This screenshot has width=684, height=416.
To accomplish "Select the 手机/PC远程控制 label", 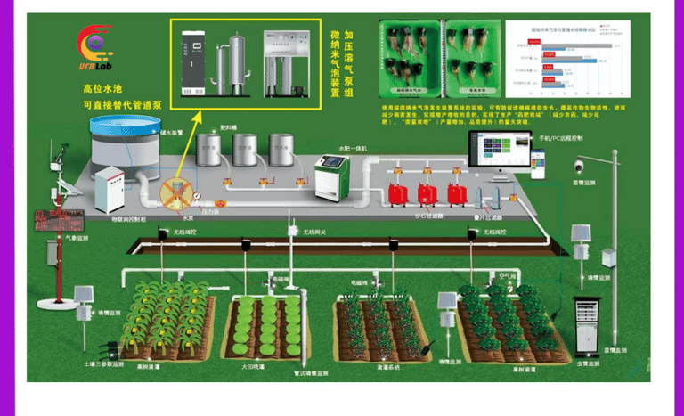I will [x=561, y=140].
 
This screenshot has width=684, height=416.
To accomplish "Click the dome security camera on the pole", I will [x=579, y=167].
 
